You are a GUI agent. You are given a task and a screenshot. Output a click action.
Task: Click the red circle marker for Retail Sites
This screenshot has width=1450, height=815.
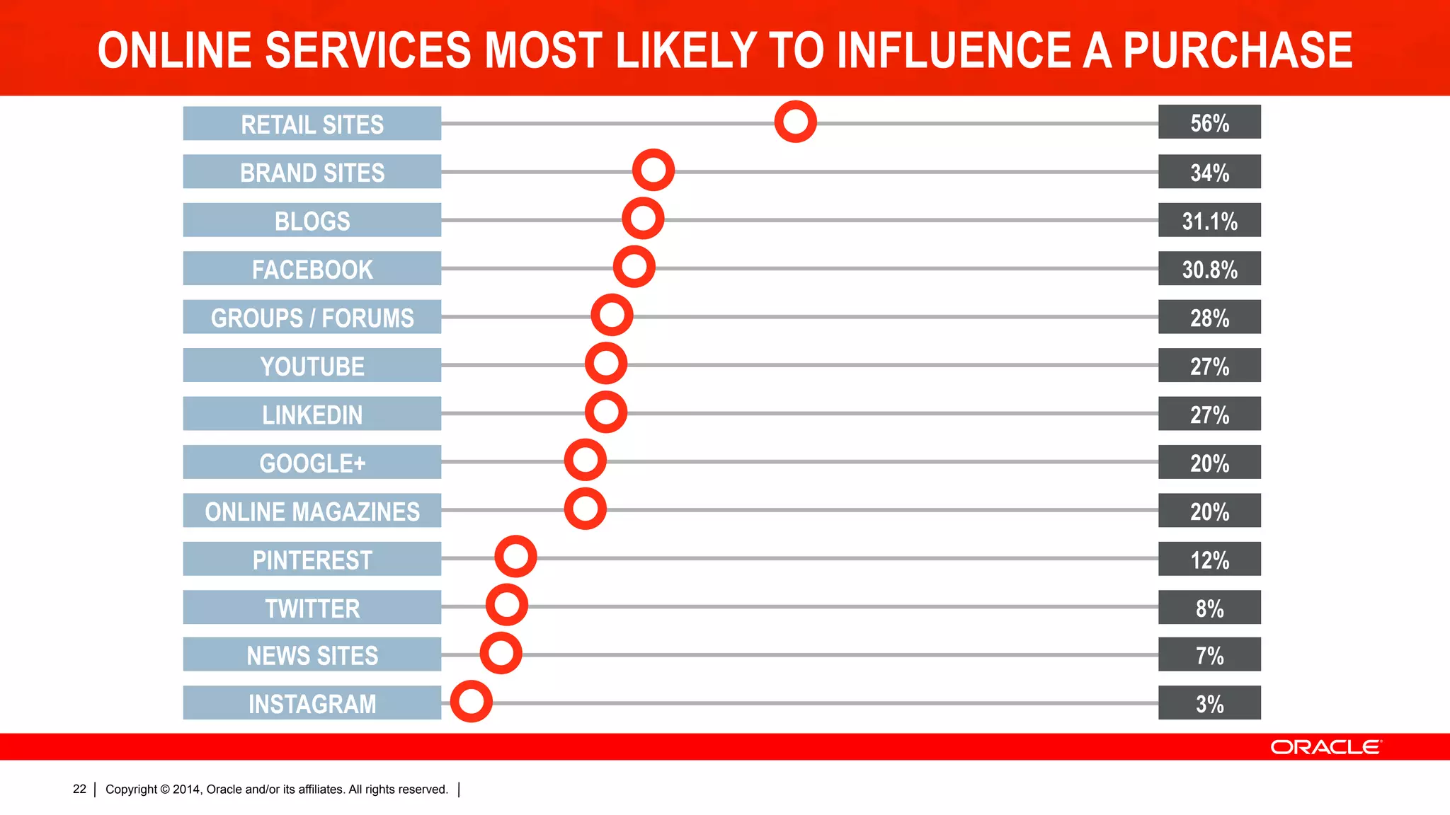click(x=795, y=122)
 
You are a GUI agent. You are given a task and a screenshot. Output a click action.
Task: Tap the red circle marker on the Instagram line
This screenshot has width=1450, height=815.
click(x=471, y=701)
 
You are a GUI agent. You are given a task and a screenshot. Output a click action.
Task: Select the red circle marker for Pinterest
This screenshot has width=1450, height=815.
click(x=515, y=556)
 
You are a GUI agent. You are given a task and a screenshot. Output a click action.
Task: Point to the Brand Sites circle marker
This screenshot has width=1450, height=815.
click(x=653, y=170)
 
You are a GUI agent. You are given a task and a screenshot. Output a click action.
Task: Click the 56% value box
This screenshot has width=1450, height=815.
click(x=1209, y=122)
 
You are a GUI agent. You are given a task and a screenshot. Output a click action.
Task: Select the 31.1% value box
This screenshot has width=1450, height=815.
click(x=1209, y=220)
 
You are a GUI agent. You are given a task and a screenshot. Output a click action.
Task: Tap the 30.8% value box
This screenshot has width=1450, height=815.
click(x=1209, y=268)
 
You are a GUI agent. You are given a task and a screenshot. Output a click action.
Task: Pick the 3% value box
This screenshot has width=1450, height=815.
click(x=1209, y=703)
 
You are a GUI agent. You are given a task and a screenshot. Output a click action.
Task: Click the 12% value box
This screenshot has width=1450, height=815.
click(x=1209, y=559)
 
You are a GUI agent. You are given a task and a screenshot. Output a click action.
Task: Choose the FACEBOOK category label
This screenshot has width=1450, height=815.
click(x=312, y=269)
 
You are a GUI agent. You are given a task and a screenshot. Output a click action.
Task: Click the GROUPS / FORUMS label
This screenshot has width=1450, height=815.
click(x=312, y=317)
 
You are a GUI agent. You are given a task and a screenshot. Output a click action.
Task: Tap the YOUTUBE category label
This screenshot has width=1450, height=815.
click(x=312, y=365)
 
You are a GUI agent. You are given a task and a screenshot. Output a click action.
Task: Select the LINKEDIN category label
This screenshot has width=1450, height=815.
click(x=312, y=414)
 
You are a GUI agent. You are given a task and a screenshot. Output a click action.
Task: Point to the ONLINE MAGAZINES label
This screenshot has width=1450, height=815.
click(x=312, y=511)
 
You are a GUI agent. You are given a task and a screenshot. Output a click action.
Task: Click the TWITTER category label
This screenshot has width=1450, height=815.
click(x=312, y=608)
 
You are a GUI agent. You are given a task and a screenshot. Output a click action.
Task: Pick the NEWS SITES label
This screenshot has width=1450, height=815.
click(x=312, y=655)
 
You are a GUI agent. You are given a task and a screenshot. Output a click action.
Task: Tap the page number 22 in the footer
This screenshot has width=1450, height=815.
click(x=79, y=789)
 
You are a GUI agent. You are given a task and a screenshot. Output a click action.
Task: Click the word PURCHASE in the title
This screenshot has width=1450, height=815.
click(x=1238, y=50)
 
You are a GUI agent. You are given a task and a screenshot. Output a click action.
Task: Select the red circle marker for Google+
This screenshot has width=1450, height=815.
click(x=585, y=460)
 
